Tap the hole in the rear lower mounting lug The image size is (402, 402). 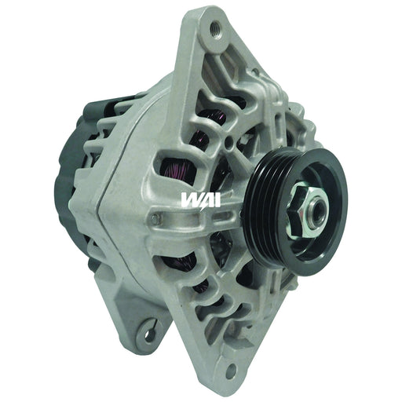pyautogui.click(x=147, y=332)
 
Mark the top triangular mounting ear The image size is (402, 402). pyautogui.click(x=208, y=39)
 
